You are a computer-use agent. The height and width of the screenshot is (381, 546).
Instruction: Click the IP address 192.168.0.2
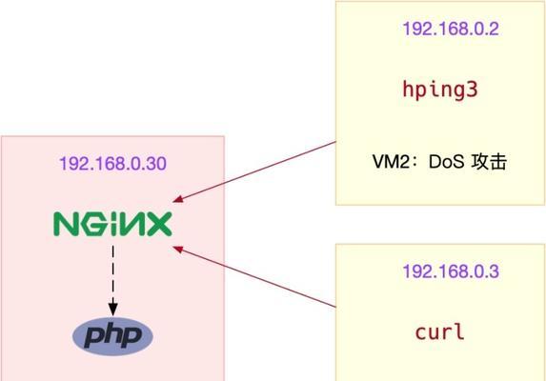coord(451,29)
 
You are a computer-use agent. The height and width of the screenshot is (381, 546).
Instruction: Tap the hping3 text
coord(440,90)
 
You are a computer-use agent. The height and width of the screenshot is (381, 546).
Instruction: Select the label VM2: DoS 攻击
coord(439,162)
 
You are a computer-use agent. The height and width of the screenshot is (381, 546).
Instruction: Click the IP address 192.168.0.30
coord(112,164)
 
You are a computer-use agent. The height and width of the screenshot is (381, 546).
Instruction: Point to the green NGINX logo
coord(112,224)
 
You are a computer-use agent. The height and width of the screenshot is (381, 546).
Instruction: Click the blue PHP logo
coord(112,336)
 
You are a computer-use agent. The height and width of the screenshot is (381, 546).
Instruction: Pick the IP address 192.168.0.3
coord(451,271)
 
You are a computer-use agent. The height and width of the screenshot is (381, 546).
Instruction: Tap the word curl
coord(439,331)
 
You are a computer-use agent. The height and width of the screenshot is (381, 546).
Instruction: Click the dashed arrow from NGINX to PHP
coord(112,280)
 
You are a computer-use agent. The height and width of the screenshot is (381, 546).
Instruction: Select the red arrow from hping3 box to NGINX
coord(254,171)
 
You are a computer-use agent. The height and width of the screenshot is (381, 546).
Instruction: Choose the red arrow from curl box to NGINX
coord(254,276)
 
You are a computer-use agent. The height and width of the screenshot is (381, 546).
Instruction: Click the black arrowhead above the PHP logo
coord(112,310)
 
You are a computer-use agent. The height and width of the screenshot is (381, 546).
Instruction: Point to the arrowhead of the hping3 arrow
coord(177,199)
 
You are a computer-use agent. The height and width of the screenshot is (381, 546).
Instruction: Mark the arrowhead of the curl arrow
coord(177,249)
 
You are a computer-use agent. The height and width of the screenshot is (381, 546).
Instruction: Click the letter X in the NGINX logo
coord(160,225)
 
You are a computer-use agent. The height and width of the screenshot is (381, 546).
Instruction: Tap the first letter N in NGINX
coord(64,225)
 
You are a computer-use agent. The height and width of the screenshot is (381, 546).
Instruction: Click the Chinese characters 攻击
coord(489,162)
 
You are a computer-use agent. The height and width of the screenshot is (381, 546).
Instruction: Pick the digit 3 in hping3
coord(471,90)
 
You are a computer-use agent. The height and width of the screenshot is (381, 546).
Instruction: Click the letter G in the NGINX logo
coord(91,225)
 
